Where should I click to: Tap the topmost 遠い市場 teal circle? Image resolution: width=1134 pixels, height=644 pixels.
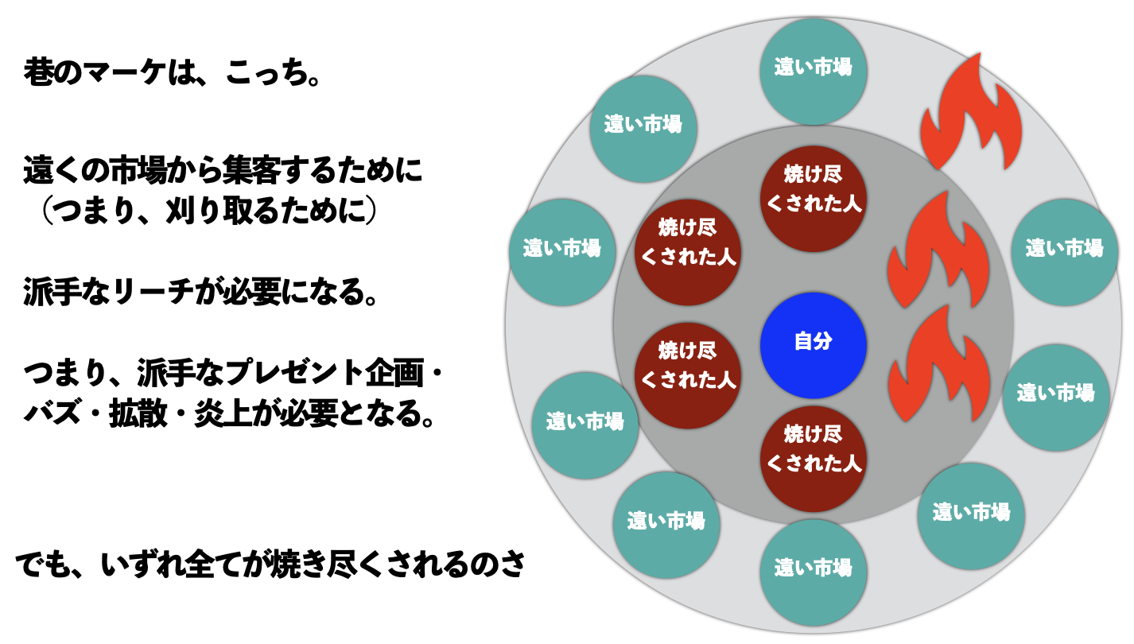(813, 68)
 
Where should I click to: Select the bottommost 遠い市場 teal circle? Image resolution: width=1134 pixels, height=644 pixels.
(813, 569)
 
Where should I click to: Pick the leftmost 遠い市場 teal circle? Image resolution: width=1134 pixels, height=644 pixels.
(561, 250)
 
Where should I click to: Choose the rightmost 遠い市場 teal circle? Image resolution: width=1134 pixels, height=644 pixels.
(1064, 250)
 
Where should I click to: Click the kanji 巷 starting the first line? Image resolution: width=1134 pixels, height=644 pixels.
(38, 76)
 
